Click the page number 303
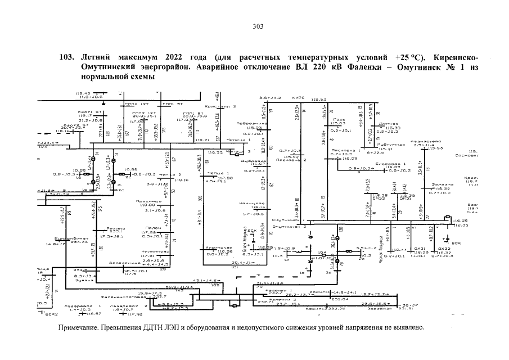[258, 26]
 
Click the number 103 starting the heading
[66, 57]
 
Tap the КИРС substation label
[298, 98]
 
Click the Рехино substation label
[115, 228]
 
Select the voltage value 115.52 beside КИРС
[319, 98]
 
